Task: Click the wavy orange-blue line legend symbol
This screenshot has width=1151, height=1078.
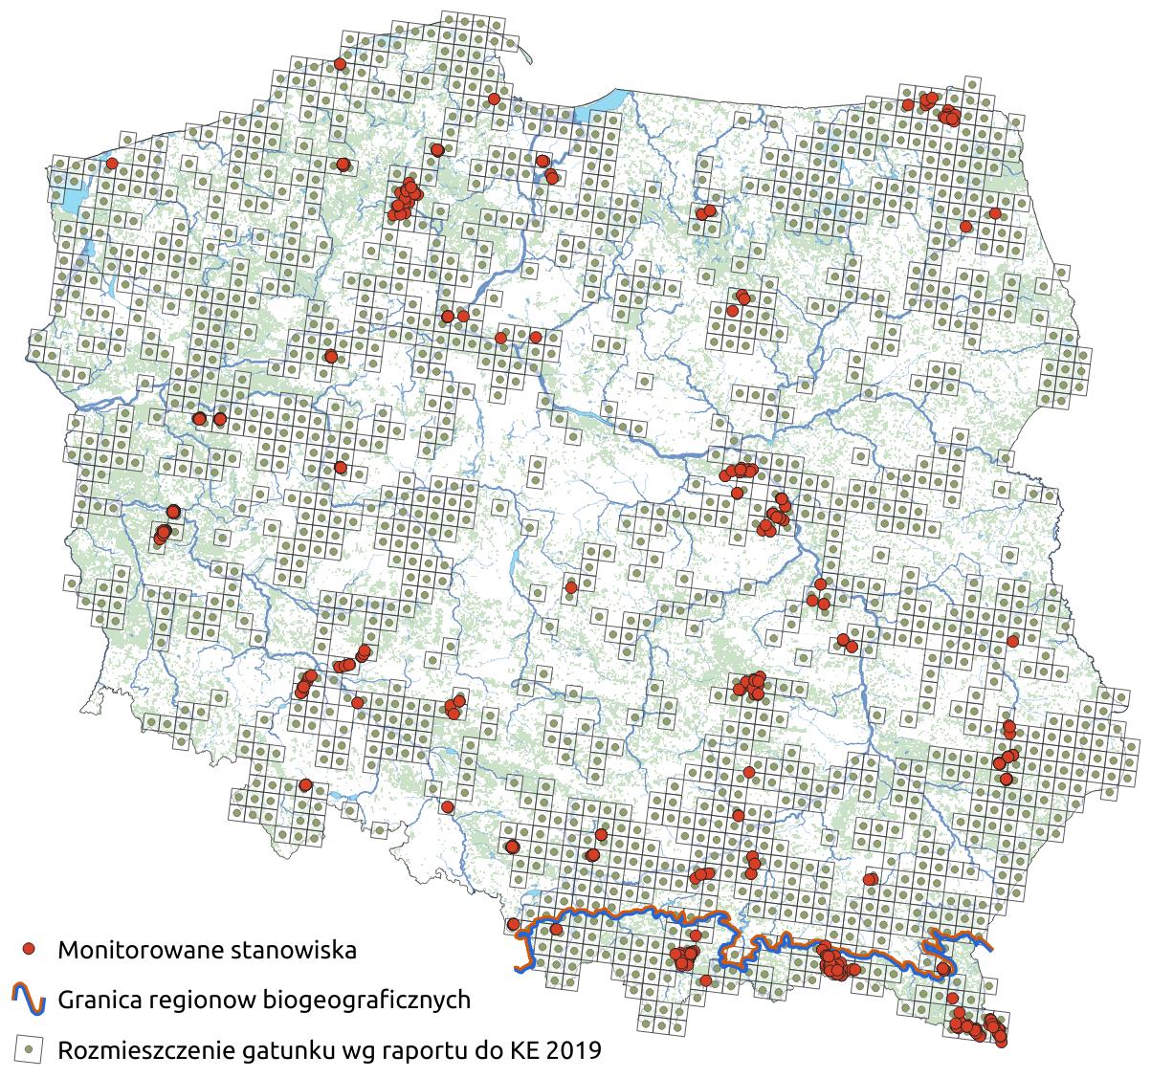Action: coord(29,999)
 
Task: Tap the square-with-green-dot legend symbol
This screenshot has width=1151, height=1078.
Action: coord(30,1049)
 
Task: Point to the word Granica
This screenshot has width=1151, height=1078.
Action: coord(97,1001)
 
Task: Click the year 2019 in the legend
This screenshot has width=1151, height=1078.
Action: coord(574,1051)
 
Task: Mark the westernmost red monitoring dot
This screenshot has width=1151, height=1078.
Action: coord(112,164)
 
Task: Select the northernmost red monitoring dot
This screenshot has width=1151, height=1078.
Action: coord(339,64)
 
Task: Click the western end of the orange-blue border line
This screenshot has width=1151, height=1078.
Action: coord(519,970)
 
